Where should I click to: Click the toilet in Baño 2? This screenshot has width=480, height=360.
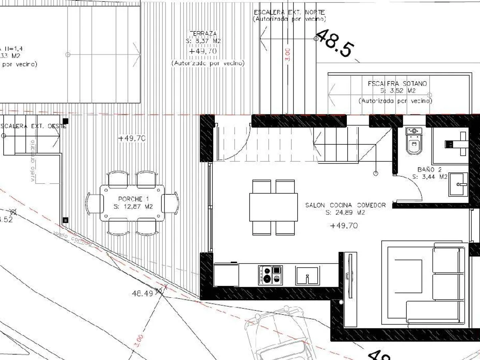point(414,141)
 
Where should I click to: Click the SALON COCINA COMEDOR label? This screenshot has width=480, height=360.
point(346,208)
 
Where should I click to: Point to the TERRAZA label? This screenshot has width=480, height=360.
point(203,34)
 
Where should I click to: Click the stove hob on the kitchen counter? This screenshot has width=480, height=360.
point(270,275)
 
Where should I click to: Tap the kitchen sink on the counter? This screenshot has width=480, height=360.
point(308,275)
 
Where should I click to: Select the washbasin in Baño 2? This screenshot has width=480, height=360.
point(458,184)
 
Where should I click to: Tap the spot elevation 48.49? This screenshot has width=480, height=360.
point(142,293)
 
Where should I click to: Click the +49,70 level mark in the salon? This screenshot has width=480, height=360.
point(344,226)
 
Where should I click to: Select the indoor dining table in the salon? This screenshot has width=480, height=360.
point(274,207)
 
